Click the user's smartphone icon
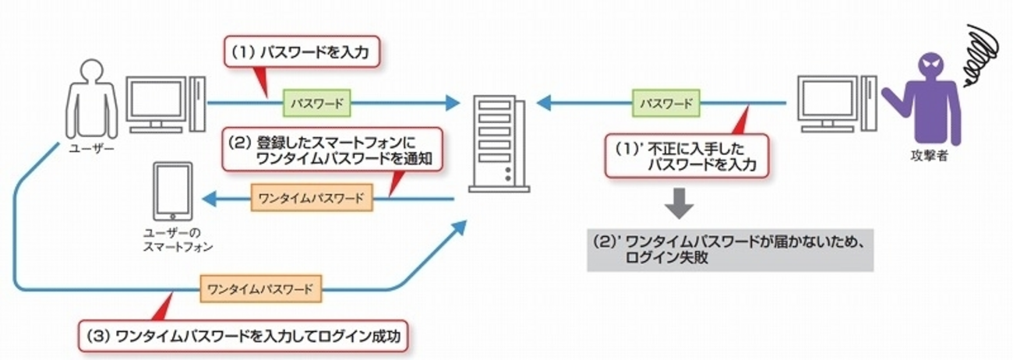pos(172,192)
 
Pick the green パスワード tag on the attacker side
pos(665,102)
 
